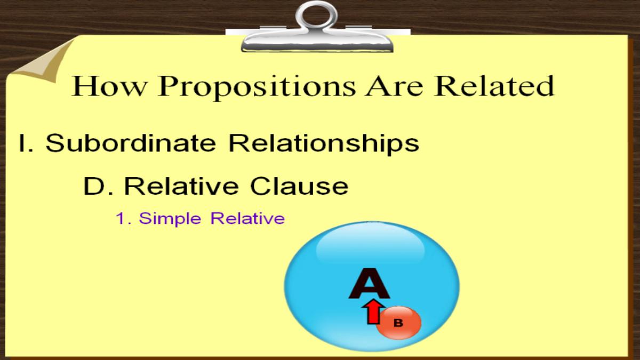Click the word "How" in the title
(x=109, y=86)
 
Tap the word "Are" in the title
(x=395, y=86)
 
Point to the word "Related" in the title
(x=494, y=85)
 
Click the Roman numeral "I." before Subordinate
(x=26, y=143)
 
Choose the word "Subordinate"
(x=131, y=142)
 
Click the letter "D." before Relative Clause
(x=98, y=186)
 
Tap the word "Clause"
(x=299, y=186)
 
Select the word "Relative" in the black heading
(x=181, y=186)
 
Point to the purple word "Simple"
(x=170, y=219)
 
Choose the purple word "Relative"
(x=247, y=218)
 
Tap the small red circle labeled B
(x=398, y=323)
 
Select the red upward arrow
(x=373, y=313)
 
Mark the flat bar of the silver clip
(x=317, y=42)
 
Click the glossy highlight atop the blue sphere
(x=371, y=246)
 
